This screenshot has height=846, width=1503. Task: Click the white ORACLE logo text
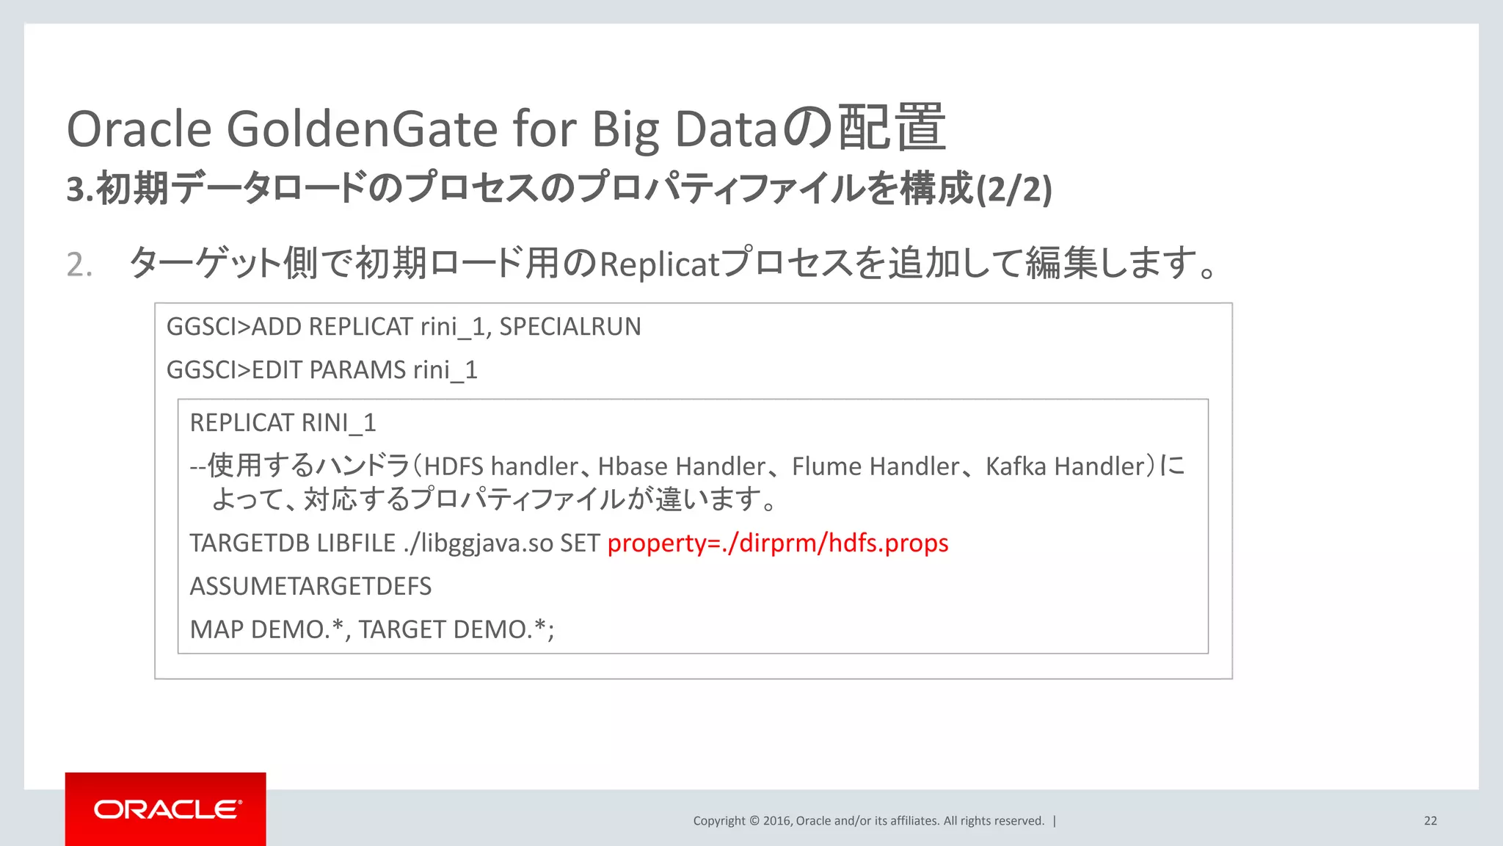[x=167, y=809]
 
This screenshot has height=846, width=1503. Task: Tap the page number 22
[x=1430, y=821]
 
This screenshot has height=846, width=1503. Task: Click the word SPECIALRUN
[x=570, y=327]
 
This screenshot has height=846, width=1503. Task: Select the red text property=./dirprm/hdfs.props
[x=778, y=543]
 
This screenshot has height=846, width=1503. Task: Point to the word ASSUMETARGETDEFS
[x=310, y=586]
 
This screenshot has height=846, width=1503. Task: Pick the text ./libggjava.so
[x=478, y=543]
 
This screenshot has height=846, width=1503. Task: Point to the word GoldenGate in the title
[x=363, y=129]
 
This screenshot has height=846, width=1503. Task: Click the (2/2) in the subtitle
[x=1013, y=189]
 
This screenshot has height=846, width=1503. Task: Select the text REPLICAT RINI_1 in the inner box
[x=283, y=423]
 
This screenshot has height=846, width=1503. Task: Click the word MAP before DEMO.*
[x=216, y=629]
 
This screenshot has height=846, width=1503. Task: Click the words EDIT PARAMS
[x=329, y=370]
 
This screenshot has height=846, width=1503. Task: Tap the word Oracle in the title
[x=139, y=129]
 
